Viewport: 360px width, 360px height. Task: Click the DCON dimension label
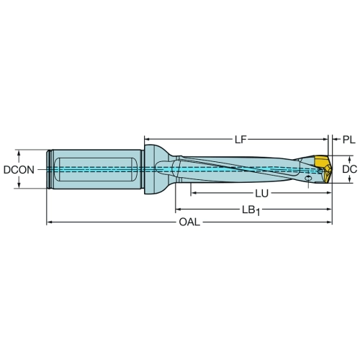19,170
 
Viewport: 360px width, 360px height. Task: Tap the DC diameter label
349,169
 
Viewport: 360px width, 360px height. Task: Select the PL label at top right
348,140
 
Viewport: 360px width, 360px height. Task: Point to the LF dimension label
240,140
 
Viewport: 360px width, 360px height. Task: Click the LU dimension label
261,194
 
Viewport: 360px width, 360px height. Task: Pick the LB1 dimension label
251,211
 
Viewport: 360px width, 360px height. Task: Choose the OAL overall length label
189,222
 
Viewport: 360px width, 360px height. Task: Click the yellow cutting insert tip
323,168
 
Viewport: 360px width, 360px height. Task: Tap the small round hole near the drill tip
308,179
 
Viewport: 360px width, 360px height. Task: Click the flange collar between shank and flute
150,169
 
